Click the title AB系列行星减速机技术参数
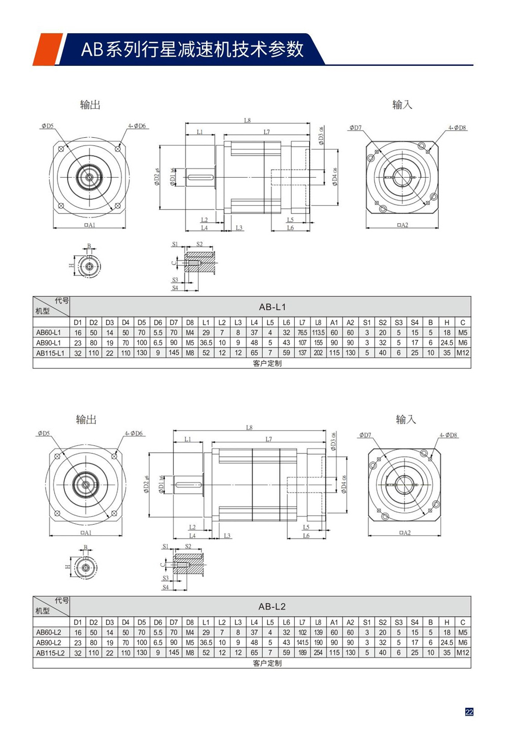[x=192, y=49]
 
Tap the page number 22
[x=469, y=712]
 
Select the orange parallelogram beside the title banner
[x=47, y=49]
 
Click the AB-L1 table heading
[x=272, y=307]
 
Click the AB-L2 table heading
[x=272, y=606]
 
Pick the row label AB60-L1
[x=49, y=333]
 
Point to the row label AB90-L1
[x=49, y=342]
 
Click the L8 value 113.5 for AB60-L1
[x=318, y=333]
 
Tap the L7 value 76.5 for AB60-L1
[x=302, y=333]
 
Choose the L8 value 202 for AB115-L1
[x=318, y=353]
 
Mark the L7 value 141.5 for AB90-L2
[x=302, y=642]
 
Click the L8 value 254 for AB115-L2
[x=318, y=653]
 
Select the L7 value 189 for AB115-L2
[x=302, y=653]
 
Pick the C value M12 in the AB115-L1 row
[x=463, y=353]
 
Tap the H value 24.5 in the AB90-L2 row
[x=447, y=642]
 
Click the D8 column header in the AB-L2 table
[x=190, y=622]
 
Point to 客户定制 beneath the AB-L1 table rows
[x=267, y=363]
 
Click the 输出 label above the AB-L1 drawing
[x=90, y=105]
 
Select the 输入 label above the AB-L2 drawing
[x=406, y=419]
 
